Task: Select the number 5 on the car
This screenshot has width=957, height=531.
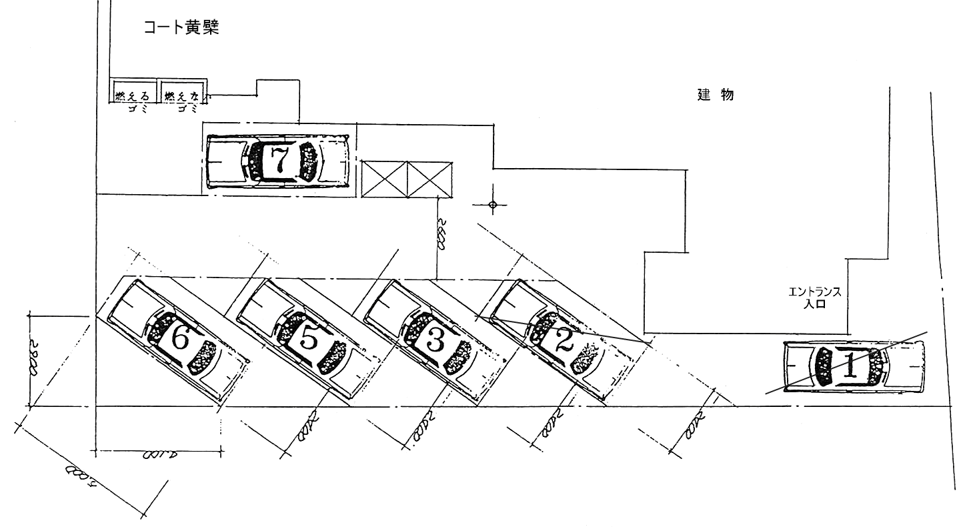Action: (x=309, y=340)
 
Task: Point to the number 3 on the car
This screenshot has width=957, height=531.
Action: (x=434, y=342)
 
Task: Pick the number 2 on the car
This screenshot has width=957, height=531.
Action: (x=564, y=342)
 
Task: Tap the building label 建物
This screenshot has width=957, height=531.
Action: (x=716, y=94)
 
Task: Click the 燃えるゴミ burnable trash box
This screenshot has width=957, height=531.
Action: (x=133, y=96)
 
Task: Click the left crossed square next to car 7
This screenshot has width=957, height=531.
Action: (x=383, y=179)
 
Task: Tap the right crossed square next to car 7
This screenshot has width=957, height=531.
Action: (x=429, y=179)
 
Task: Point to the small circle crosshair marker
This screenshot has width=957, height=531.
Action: (x=493, y=205)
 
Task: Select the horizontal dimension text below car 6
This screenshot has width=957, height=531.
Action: (x=159, y=456)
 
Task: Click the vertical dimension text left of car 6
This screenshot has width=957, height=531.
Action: (x=35, y=361)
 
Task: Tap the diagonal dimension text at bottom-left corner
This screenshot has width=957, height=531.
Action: (x=82, y=478)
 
